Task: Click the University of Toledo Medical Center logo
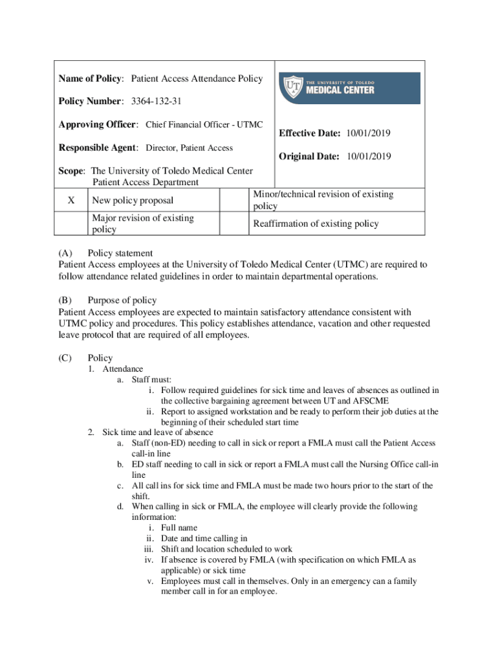pos(350,88)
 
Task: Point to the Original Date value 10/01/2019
pos(370,157)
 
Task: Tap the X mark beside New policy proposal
pos(72,201)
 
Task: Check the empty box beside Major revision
pos(72,223)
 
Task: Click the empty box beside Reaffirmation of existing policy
pos(234,223)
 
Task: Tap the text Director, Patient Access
pos(189,148)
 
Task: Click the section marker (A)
pos(65,253)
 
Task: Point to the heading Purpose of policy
pos(122,300)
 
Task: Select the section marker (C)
pos(65,358)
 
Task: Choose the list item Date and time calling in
pos(204,538)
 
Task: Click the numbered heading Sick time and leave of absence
pos(158,433)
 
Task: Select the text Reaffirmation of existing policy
pos(316,224)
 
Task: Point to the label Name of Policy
pos(91,79)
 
